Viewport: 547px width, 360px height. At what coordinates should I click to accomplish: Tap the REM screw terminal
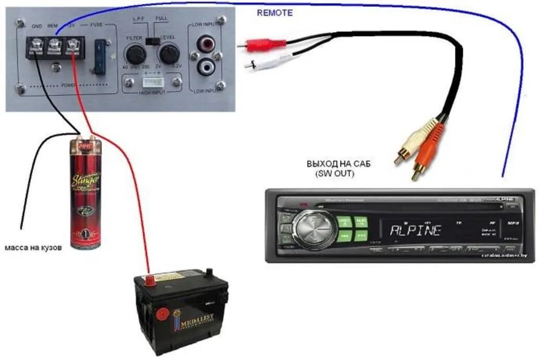click(54, 49)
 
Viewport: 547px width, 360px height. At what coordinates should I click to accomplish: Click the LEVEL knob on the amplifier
click(168, 54)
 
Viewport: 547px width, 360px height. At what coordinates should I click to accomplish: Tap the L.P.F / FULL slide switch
click(152, 40)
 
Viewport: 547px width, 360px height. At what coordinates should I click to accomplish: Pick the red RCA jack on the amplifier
click(205, 43)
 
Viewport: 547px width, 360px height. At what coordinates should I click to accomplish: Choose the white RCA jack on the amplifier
click(205, 67)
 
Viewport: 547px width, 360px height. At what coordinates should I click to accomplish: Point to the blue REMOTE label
click(275, 13)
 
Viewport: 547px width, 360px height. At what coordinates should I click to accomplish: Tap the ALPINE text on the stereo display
click(416, 230)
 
